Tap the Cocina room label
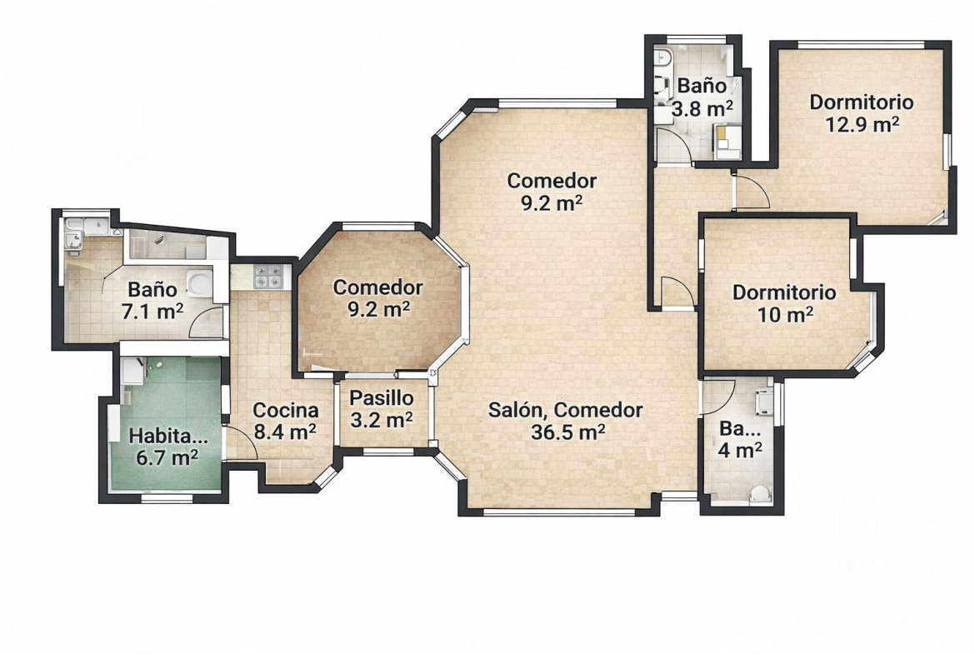coord(285,410)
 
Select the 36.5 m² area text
coord(567,432)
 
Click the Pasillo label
coord(381,398)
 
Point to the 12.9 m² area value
coord(862,124)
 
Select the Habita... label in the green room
coord(167,437)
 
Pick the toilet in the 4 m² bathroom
coord(758,494)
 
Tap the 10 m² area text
coord(785,315)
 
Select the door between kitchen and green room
coord(240,444)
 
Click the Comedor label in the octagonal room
coord(377,287)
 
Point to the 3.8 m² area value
coord(702,109)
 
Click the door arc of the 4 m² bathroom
coord(719,397)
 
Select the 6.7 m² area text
coord(167,458)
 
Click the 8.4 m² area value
coord(285,432)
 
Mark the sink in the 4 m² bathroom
coord(762,402)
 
